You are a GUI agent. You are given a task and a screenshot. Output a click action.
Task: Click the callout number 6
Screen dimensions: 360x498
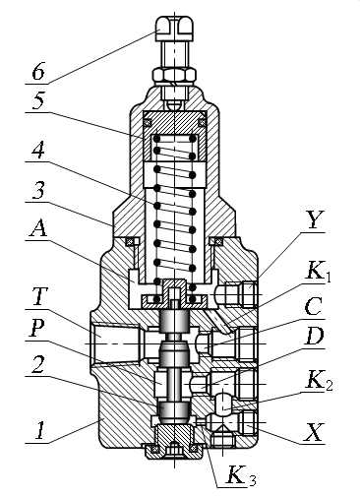(x=38, y=71)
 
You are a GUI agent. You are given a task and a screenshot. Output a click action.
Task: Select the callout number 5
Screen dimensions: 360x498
(x=38, y=100)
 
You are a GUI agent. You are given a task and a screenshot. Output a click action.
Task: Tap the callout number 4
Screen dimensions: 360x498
(x=38, y=151)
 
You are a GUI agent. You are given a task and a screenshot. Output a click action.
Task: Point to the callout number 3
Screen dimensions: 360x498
(x=38, y=191)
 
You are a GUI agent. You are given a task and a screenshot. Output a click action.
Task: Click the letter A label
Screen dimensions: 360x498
(x=38, y=228)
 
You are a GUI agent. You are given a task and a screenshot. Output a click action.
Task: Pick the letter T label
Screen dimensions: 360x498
(x=39, y=297)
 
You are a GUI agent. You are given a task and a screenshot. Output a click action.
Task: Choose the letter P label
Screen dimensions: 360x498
(x=38, y=328)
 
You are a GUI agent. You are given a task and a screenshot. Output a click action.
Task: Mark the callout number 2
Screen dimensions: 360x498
(x=38, y=363)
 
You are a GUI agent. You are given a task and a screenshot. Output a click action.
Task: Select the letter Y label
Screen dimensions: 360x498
(x=313, y=220)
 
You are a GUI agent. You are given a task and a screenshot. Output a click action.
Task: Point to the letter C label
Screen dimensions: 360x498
(x=313, y=307)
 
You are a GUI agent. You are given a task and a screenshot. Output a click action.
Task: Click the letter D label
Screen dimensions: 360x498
(x=314, y=336)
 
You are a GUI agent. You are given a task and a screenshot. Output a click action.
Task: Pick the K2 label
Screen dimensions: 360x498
(x=319, y=381)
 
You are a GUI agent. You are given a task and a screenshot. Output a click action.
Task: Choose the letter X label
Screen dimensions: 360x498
(x=314, y=433)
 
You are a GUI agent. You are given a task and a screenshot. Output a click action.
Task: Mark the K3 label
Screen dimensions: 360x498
(x=240, y=475)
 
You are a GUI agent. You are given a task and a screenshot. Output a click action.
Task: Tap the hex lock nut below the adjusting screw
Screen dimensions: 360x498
(x=174, y=76)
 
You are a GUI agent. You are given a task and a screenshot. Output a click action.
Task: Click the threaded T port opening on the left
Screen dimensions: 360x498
(x=115, y=343)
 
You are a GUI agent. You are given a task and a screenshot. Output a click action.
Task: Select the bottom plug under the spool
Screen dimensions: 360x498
(x=174, y=441)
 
